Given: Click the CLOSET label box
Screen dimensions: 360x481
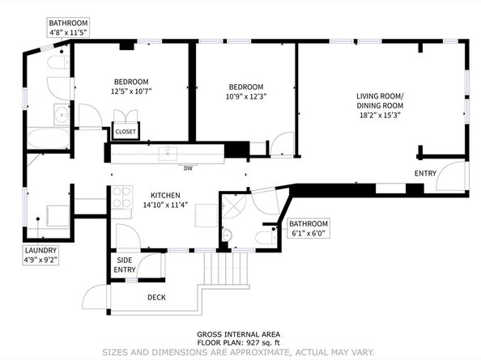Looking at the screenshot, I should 126,131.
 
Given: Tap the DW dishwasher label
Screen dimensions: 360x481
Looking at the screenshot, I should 187,168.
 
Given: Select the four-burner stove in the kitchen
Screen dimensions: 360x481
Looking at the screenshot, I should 121,197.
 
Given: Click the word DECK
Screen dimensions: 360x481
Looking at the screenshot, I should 156,297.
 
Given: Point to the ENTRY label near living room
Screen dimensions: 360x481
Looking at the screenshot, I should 424,174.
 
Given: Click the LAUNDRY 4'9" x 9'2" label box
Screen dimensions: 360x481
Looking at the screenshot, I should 40,256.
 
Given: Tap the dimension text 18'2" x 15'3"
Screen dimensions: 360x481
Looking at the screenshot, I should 379,115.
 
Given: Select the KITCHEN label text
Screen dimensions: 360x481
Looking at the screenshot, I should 164,195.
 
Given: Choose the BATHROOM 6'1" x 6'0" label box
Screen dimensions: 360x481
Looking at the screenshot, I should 309,228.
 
